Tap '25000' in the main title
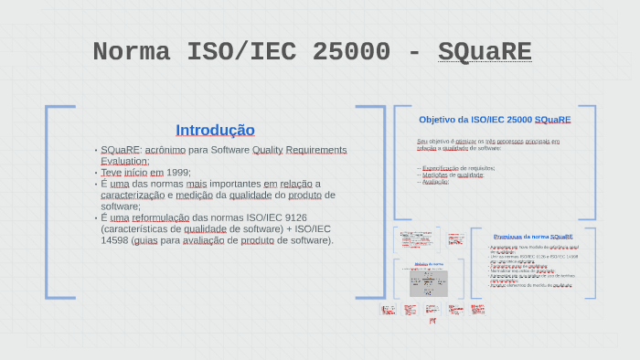click(350, 52)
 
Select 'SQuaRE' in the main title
click(484, 52)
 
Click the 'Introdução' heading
click(215, 130)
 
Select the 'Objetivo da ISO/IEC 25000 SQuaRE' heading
click(495, 120)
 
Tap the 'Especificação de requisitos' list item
click(457, 168)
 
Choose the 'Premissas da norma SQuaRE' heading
click(533, 237)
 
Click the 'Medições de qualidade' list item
click(452, 175)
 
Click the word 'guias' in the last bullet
click(144, 240)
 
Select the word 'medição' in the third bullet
click(195, 195)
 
